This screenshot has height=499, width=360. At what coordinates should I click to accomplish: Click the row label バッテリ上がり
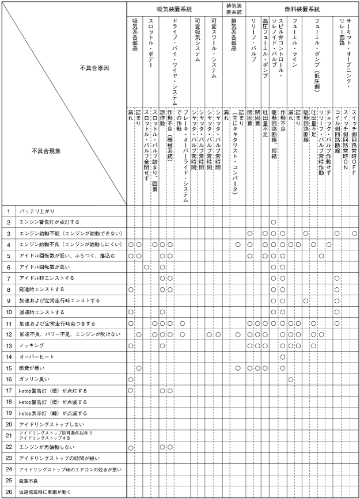37,211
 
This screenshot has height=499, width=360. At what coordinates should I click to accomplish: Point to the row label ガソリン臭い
36,379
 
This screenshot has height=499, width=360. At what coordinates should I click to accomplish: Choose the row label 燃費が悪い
32,368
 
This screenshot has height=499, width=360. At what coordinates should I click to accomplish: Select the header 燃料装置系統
302,10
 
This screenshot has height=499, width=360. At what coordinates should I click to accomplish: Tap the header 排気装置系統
233,9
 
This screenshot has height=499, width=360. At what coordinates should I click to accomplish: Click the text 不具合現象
46,151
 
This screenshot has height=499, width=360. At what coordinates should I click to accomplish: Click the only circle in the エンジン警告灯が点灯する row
274,222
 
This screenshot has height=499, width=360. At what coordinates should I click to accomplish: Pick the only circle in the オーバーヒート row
282,357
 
